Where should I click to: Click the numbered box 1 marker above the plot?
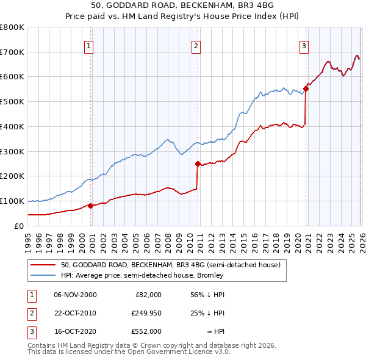89,45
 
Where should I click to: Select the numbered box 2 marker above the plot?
196,45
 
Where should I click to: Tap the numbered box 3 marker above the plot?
304,45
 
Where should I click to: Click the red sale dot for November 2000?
90,206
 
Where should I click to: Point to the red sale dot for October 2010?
198,164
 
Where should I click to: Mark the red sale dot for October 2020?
306,88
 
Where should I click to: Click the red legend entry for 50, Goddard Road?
170,265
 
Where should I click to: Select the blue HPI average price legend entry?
142,276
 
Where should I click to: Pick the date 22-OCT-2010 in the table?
75,314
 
